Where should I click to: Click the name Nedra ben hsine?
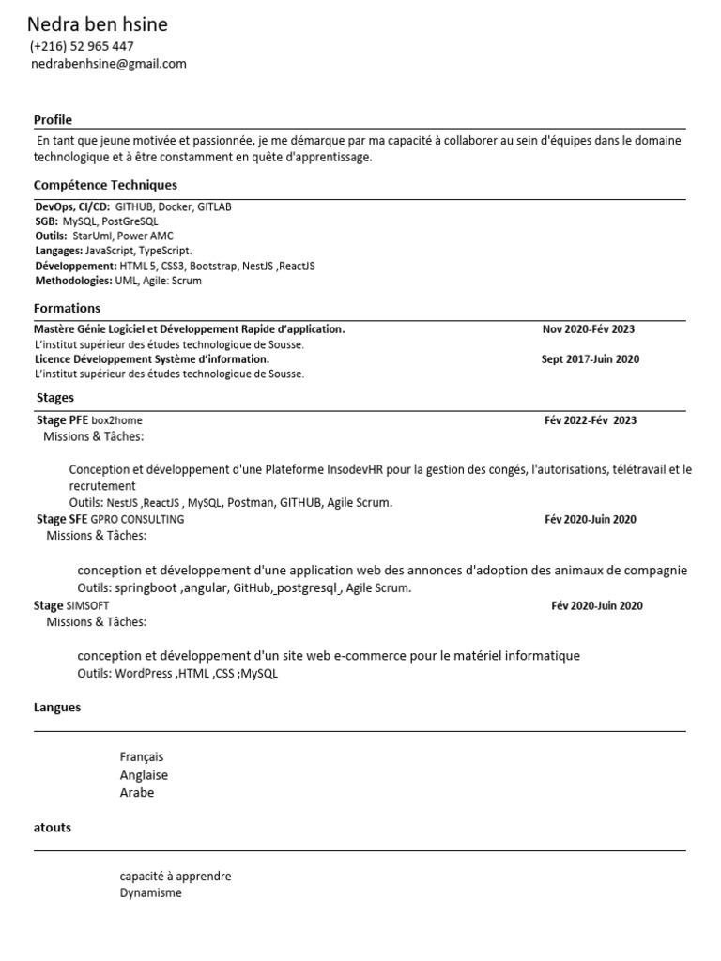98,24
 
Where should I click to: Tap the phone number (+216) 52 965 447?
82,46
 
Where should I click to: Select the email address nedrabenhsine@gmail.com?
109,64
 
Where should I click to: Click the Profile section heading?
53,119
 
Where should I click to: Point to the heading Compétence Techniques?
105,185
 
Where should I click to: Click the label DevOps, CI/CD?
72,206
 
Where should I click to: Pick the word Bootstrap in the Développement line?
213,267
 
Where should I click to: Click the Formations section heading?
67,308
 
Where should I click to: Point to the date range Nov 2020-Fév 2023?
588,329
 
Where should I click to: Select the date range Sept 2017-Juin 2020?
591,359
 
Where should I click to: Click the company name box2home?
117,420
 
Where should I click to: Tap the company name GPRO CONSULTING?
138,519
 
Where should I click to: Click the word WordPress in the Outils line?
144,673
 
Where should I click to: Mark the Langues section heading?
57,708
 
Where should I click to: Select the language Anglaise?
144,775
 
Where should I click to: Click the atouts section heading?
53,828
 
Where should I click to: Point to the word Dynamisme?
150,892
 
